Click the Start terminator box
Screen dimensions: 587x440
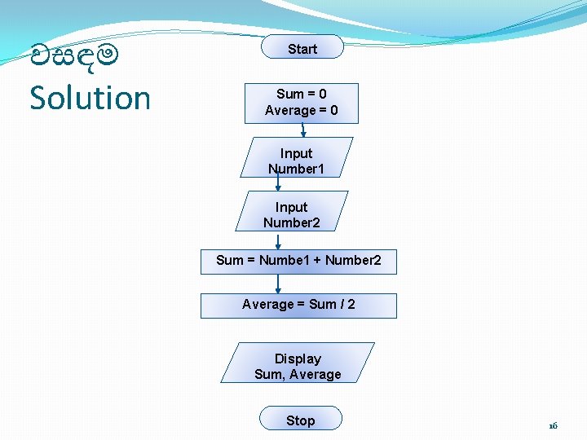(302, 48)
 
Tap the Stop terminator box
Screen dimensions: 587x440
(300, 420)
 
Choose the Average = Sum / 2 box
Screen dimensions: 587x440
(298, 305)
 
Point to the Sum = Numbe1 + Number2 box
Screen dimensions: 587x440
(298, 261)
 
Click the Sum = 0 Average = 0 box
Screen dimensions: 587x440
(302, 103)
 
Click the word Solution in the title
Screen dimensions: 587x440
(90, 98)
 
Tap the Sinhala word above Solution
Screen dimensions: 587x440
(74, 57)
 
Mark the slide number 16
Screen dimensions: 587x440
(553, 425)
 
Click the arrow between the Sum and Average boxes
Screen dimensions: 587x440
(278, 284)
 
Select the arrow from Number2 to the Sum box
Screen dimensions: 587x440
(278, 240)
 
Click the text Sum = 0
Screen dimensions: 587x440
(302, 94)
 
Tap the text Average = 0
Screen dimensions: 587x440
(302, 110)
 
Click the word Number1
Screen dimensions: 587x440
(296, 169)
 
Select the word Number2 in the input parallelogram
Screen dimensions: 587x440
(292, 222)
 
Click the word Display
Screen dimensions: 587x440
(298, 359)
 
